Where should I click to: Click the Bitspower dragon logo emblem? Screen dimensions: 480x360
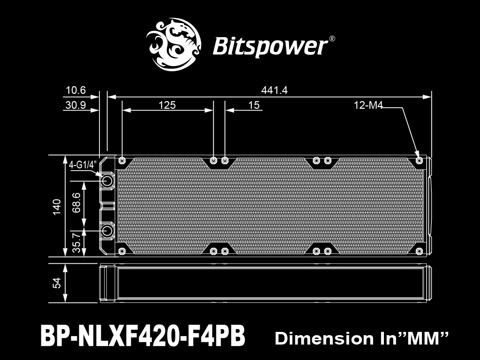pyautogui.click(x=173, y=45)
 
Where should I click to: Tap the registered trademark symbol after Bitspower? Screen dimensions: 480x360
pyautogui.click(x=332, y=38)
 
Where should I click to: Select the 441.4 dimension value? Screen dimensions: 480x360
pyautogui.click(x=274, y=90)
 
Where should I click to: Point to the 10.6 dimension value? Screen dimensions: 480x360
pyautogui.click(x=76, y=90)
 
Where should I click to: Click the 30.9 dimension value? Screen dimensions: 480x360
pyautogui.click(x=75, y=105)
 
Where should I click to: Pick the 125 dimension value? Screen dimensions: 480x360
pyautogui.click(x=167, y=105)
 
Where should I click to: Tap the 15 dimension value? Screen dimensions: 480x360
pyautogui.click(x=254, y=105)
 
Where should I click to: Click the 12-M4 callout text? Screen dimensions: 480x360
pyautogui.click(x=368, y=105)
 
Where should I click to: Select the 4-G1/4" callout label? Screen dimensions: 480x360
pyautogui.click(x=82, y=165)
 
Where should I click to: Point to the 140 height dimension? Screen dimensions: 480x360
pyautogui.click(x=57, y=207)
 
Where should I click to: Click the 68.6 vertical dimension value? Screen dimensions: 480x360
pyautogui.click(x=76, y=202)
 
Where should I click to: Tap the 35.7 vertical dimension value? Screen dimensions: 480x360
pyautogui.click(x=76, y=242)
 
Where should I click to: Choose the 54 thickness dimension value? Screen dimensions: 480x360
pyautogui.click(x=57, y=283)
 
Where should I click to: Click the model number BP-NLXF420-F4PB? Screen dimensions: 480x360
pyautogui.click(x=142, y=336)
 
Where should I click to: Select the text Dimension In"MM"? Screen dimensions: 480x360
pyautogui.click(x=361, y=338)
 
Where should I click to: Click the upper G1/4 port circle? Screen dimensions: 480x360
pyautogui.click(x=107, y=181)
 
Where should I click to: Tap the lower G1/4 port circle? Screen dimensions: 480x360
pyautogui.click(x=107, y=231)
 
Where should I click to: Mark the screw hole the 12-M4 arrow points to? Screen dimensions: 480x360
pyautogui.click(x=420, y=160)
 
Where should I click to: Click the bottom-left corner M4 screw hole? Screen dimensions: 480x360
pyautogui.click(x=122, y=251)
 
